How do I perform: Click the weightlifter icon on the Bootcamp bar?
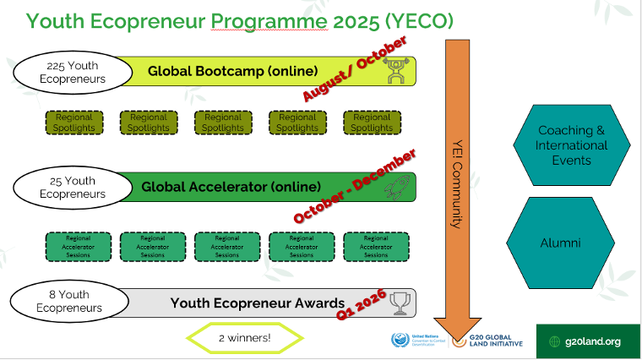coord(396,72)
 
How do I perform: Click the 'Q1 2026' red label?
coord(362,303)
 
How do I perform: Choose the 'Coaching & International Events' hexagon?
coord(572,145)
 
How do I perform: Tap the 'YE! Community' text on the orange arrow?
coord(456,186)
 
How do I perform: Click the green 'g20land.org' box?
coord(585,341)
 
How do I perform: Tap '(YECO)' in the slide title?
coord(417,20)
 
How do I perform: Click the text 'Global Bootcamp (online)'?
coord(233,71)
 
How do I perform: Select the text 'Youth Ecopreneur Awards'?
coord(258,303)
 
